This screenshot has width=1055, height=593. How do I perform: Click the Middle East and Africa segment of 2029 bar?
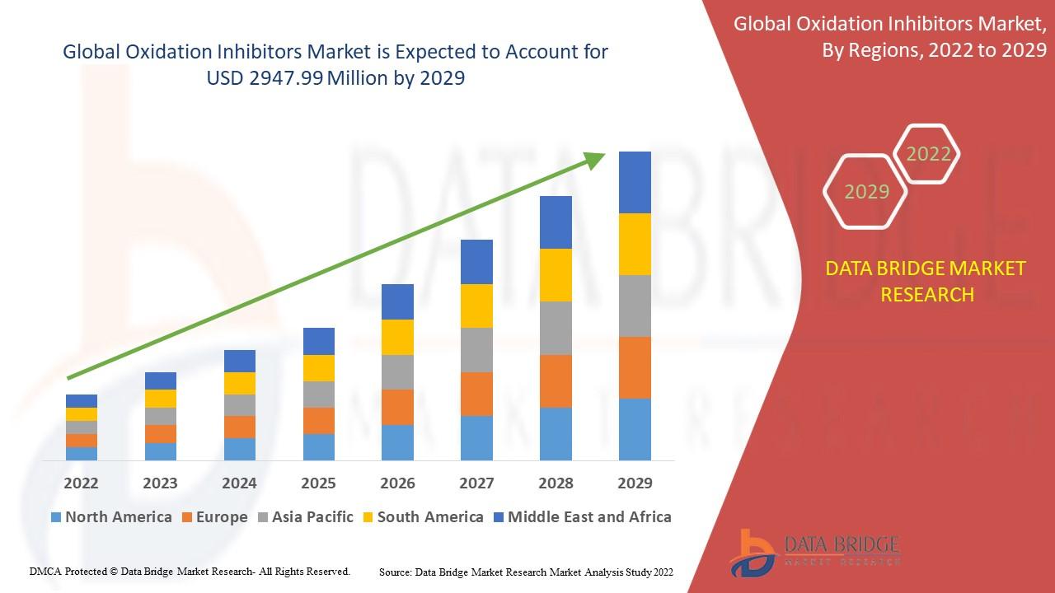(635, 182)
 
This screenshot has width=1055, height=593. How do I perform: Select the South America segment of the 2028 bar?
(556, 274)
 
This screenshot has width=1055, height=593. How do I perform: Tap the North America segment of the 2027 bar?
(476, 437)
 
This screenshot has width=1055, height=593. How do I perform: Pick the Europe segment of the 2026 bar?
(397, 407)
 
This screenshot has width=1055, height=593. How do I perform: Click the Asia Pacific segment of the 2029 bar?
(635, 306)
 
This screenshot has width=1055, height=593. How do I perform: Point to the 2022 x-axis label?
(81, 483)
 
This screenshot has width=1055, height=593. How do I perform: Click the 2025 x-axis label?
(318, 483)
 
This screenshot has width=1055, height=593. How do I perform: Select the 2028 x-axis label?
(556, 483)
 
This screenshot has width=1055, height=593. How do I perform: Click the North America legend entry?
(111, 517)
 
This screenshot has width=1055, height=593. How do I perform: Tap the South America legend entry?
(422, 517)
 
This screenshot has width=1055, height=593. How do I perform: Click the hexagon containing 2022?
(928, 154)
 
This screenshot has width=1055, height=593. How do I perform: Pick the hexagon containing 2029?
(866, 192)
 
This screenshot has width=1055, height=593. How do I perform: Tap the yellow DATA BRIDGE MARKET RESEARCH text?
(927, 281)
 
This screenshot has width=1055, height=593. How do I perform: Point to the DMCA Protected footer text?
(190, 571)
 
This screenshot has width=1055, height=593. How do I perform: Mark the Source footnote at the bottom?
(526, 572)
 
